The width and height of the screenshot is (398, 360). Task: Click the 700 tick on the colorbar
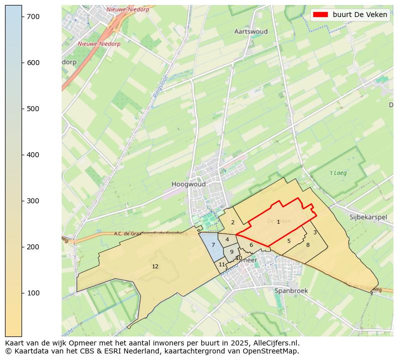(x=22, y=17)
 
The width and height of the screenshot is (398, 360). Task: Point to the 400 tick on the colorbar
(x=22, y=155)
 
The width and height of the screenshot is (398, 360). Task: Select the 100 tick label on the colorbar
(x=33, y=293)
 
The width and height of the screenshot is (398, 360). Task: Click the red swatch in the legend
(x=320, y=15)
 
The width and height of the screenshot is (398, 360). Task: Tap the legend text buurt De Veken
(x=360, y=15)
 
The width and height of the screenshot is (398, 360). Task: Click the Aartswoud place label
(x=251, y=32)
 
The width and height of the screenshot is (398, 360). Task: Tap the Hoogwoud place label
(x=188, y=184)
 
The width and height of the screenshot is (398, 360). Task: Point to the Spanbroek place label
(x=291, y=290)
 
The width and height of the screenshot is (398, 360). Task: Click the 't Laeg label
(x=338, y=173)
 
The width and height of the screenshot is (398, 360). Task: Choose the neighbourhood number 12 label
(x=155, y=266)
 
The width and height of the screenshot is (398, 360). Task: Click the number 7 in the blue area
(x=213, y=245)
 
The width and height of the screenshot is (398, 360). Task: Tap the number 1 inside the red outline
(x=278, y=222)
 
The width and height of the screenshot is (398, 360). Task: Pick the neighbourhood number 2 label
(x=233, y=222)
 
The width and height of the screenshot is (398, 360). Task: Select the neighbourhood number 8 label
(x=308, y=245)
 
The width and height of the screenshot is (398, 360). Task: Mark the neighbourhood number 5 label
(x=289, y=241)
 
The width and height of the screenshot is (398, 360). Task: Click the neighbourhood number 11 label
(x=222, y=264)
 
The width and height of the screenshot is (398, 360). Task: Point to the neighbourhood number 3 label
(x=315, y=232)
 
